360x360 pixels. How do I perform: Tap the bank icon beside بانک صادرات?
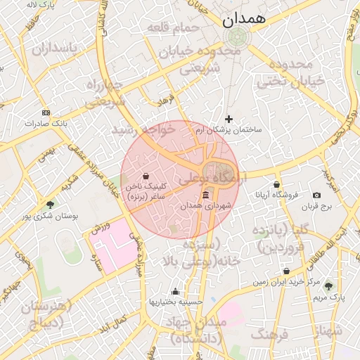46,112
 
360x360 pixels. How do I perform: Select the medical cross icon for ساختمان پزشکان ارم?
228,119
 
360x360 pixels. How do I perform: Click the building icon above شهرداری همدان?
205,195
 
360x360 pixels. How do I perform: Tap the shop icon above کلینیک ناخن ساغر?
146,176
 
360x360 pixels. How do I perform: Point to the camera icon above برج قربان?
316,195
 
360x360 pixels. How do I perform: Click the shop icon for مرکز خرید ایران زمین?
286,271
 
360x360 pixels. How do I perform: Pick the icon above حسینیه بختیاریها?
175,291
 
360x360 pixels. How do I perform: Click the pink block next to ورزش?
112,243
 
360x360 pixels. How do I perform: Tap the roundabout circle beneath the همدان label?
238,37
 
